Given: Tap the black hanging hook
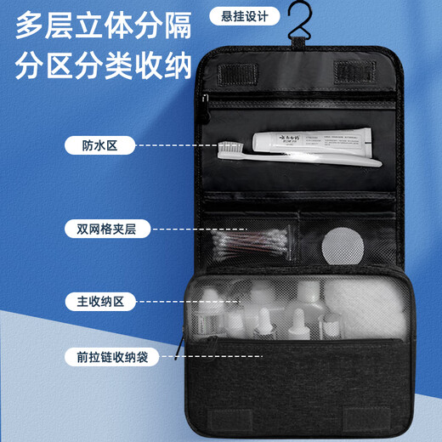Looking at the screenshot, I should [297, 35].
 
